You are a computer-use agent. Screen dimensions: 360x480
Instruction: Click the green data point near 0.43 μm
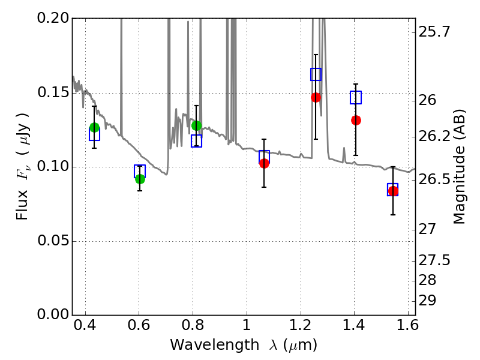(94, 127)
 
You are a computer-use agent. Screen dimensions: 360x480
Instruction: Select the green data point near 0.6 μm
(140, 179)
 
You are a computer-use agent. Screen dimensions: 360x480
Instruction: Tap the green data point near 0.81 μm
(196, 125)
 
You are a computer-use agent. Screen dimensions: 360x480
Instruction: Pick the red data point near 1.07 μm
(264, 163)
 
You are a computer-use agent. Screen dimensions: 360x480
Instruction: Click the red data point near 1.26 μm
(316, 97)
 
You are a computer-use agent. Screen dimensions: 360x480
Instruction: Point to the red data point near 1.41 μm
(356, 120)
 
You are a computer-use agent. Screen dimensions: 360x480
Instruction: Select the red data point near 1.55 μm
(393, 191)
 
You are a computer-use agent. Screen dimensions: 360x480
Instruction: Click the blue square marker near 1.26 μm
(316, 74)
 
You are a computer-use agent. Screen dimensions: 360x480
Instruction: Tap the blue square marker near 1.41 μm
(356, 97)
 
